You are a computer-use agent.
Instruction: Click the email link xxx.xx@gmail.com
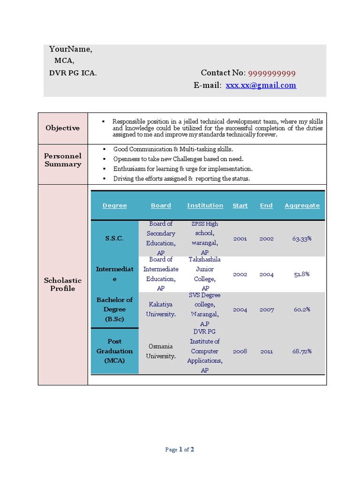click(x=261, y=85)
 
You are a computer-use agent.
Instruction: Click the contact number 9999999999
click(x=271, y=73)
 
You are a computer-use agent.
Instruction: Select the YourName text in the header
click(x=70, y=49)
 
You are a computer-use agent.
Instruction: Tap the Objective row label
click(x=62, y=128)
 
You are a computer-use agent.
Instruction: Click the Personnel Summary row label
click(x=63, y=160)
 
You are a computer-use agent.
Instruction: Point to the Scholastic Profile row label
click(x=63, y=284)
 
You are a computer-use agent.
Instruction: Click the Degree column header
click(x=114, y=205)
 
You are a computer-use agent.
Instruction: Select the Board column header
click(x=161, y=205)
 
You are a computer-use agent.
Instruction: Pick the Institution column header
click(x=205, y=205)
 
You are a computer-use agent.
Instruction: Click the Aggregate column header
click(x=302, y=205)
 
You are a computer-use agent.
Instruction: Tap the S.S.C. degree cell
click(x=114, y=238)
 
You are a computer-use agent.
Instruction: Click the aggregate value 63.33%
click(x=302, y=238)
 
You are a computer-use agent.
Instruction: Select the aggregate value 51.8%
click(x=302, y=274)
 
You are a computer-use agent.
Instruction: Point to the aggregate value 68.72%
click(x=302, y=351)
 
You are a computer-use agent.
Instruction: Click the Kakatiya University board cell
click(x=161, y=309)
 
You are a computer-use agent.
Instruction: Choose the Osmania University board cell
click(x=161, y=351)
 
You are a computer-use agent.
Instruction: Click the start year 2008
click(x=240, y=351)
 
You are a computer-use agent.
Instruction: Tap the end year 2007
click(x=266, y=309)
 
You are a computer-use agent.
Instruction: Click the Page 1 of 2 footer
click(x=180, y=450)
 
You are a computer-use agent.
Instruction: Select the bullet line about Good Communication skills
click(x=173, y=149)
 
